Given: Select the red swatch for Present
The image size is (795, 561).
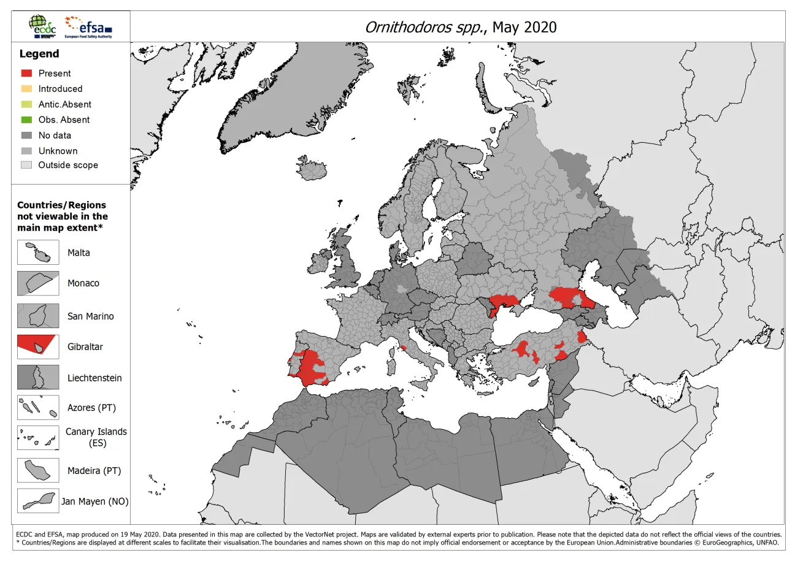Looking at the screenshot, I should tap(26, 73).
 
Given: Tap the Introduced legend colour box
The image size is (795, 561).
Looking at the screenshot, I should tap(26, 88).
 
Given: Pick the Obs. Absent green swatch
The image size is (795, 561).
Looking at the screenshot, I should tap(26, 120).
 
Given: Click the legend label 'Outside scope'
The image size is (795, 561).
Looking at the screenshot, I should tap(67, 165).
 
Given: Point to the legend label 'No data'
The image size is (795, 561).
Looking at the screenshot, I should tap(55, 135).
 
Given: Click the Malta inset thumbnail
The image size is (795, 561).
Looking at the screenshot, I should tap(38, 253).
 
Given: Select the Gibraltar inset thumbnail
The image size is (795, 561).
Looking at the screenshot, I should tap(38, 346).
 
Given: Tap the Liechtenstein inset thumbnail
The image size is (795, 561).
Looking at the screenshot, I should tap(38, 378).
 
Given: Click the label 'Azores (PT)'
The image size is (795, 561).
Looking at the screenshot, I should tap(91, 407).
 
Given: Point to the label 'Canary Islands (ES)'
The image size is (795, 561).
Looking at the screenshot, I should tap(96, 437).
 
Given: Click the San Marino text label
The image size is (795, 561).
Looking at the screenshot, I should tap(90, 316).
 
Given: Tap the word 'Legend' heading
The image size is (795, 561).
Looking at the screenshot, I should tap(39, 54).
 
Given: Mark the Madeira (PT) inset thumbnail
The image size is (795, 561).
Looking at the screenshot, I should tap(38, 470).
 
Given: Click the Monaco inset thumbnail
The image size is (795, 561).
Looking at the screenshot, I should tap(38, 283).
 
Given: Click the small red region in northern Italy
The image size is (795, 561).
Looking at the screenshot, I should tap(404, 348).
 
